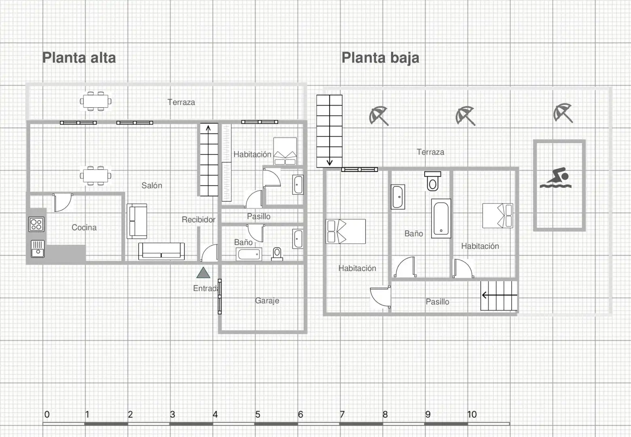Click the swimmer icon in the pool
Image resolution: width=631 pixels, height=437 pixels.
click(555, 178)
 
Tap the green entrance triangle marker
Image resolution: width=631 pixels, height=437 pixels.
click(203, 273)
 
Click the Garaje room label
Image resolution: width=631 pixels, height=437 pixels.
click(267, 301)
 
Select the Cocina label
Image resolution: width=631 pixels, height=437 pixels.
click(84, 227)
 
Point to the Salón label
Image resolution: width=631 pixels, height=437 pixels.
click(152, 185)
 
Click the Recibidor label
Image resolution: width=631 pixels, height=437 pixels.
click(198, 219)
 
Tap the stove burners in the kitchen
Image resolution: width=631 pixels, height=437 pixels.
click(36, 224)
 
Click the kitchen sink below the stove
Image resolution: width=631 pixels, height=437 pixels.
click(38, 249)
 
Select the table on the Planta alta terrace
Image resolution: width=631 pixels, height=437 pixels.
click(95, 101)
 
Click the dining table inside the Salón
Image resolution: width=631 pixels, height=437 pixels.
click(95, 176)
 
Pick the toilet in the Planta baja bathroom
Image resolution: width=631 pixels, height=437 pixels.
click(433, 181)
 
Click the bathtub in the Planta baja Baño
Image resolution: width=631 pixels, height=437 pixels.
click(441, 218)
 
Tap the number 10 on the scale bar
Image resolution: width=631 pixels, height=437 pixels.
click(472, 414)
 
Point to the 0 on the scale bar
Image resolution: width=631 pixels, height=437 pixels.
click(47, 414)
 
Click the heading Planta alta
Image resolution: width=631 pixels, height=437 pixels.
click(79, 58)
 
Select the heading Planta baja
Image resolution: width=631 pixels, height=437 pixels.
click(380, 58)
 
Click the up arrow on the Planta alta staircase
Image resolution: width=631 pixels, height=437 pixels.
click(208, 129)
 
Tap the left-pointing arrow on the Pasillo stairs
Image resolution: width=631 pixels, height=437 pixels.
click(500, 295)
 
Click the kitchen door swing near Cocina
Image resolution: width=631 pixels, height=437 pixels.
click(63, 202)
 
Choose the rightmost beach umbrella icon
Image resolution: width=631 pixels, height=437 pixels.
click(563, 113)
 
